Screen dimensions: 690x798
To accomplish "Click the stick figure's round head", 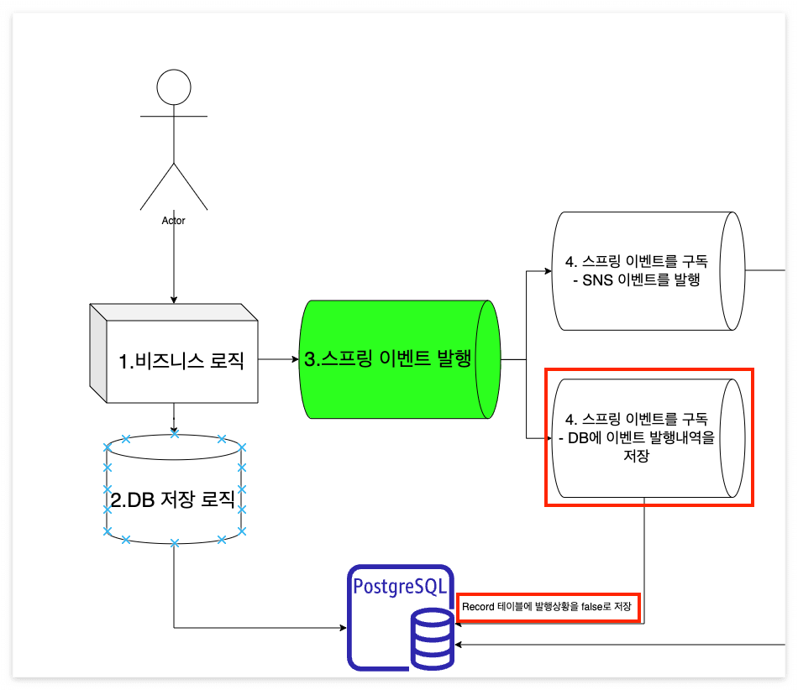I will click(174, 87).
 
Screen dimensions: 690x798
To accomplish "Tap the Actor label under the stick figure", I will click(173, 221).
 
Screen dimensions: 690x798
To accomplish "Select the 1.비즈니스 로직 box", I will click(174, 361).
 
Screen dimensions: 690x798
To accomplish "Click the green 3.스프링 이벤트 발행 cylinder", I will click(388, 359).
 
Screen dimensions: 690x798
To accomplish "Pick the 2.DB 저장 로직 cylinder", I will click(174, 500).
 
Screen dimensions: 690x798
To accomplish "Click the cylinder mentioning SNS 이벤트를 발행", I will click(647, 270).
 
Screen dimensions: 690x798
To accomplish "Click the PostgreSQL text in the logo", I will click(401, 585).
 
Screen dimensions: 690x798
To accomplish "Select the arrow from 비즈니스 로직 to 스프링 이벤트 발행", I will click(277, 359).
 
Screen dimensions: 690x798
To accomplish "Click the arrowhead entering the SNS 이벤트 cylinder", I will click(547, 271).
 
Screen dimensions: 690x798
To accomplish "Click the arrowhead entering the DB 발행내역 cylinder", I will click(547, 437).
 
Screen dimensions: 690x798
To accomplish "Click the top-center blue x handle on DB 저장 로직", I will click(175, 434).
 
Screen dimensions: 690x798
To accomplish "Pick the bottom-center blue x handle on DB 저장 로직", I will click(175, 544).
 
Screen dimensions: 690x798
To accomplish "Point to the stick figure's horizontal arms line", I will click(174, 115).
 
